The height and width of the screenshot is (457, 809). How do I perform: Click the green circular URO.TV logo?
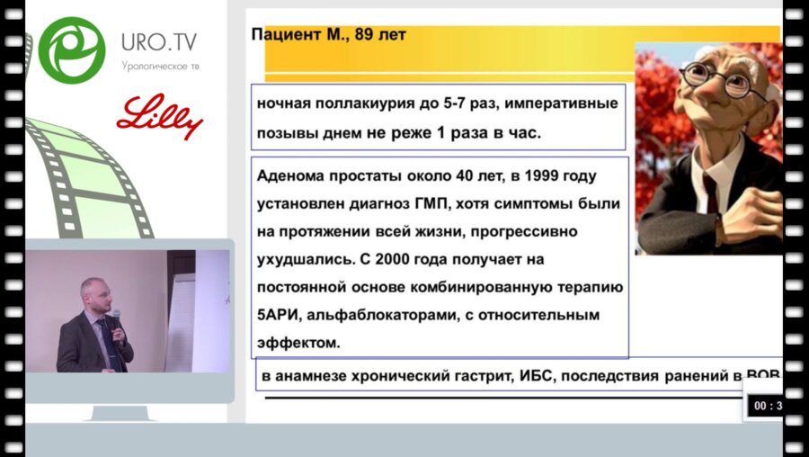(72, 47)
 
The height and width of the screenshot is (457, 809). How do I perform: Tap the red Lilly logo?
(160, 117)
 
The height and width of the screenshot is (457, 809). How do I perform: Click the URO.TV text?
(160, 41)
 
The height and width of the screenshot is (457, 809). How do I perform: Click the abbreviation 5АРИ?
(277, 316)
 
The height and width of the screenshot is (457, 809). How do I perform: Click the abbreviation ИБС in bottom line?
(537, 375)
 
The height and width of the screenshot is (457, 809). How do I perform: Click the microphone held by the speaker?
(115, 316)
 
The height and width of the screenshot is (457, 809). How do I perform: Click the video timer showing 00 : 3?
(766, 406)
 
